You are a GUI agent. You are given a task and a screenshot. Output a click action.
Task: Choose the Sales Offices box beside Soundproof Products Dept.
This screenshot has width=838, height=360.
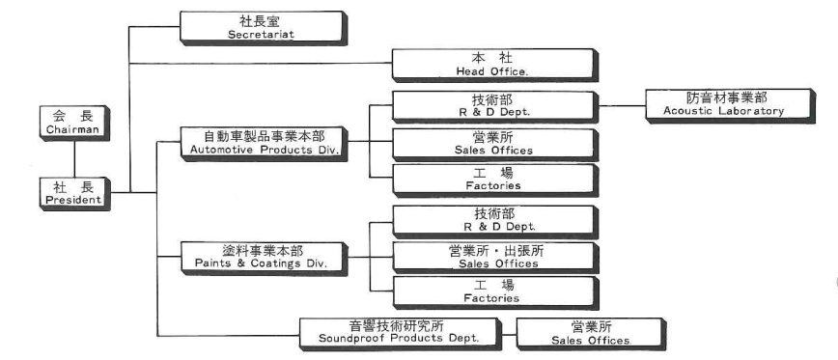(x=577, y=331)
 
